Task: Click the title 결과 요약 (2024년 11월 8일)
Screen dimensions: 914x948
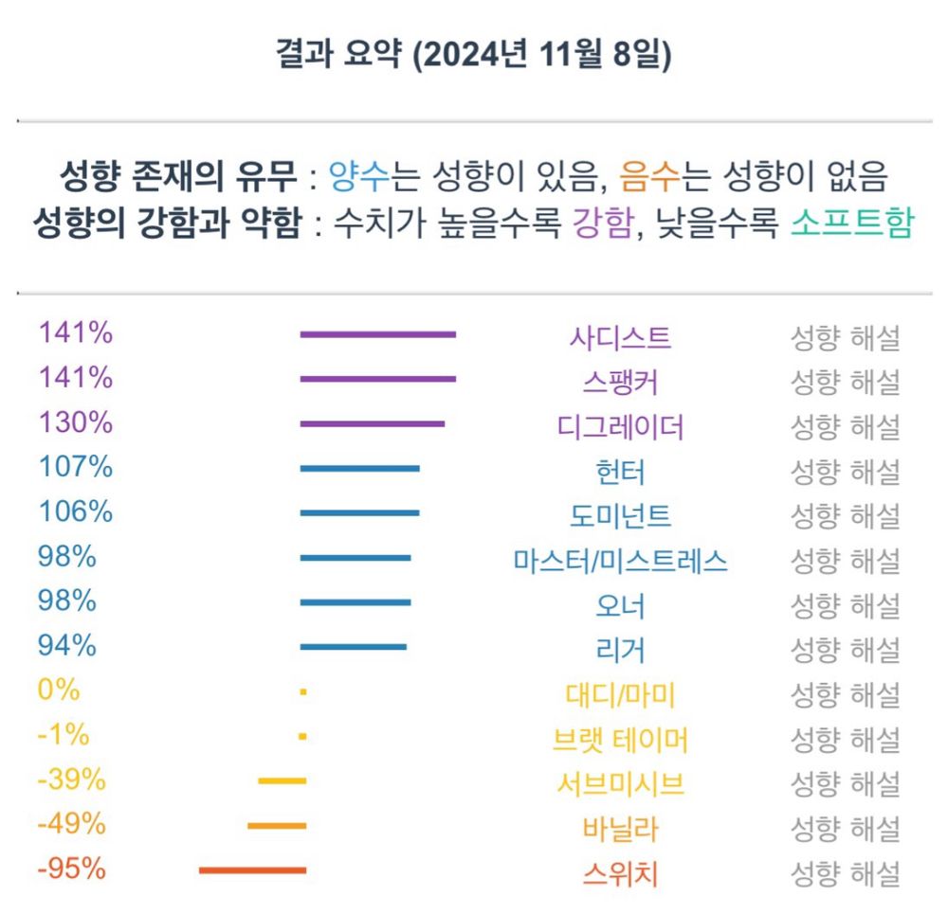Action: [473, 54]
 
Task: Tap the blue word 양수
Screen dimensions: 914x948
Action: [353, 176]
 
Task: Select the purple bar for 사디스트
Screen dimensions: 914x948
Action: [377, 334]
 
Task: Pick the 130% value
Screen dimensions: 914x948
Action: [76, 422]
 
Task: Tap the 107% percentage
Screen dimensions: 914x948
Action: [76, 467]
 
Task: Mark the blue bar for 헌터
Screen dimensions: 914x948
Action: [359, 468]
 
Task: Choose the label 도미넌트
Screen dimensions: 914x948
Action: [620, 516]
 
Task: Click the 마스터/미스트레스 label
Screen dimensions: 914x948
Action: [620, 561]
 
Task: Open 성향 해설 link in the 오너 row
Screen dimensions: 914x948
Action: [845, 605]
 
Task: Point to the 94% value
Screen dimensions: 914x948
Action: [67, 646]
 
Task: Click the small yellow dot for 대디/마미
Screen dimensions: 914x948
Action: [302, 692]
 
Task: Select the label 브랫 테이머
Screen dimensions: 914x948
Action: [620, 740]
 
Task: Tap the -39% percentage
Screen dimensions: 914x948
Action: [71, 780]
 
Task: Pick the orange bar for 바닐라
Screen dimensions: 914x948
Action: [277, 826]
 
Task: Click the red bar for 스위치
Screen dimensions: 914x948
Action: [252, 870]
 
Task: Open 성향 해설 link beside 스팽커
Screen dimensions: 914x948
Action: [845, 382]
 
